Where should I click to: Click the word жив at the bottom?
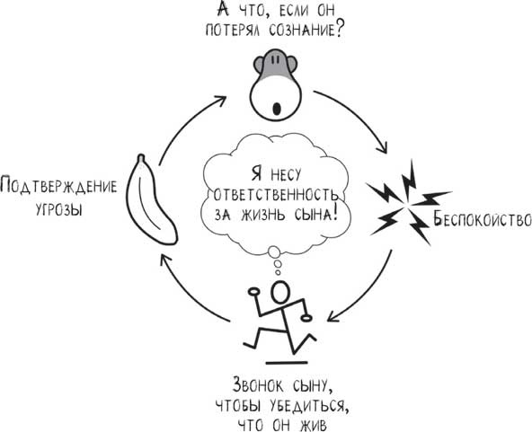(x=315, y=422)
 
